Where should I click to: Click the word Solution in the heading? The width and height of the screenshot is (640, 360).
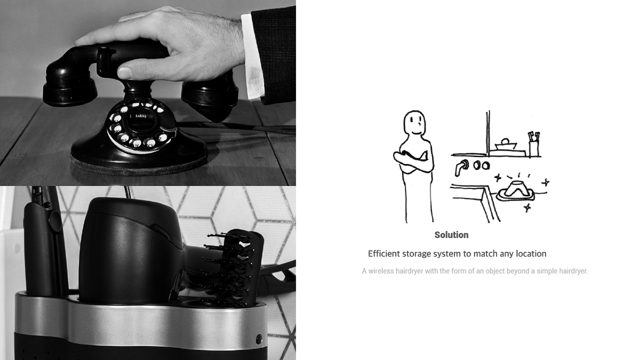pos(451,235)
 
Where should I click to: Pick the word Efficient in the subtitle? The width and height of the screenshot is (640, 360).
pos(385,254)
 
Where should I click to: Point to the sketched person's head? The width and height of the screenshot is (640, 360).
pos(414,124)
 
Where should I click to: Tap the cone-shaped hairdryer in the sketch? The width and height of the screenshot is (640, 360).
pos(515,189)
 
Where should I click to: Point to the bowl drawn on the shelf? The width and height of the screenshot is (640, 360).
pos(505,144)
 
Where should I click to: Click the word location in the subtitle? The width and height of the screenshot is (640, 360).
pos(529,254)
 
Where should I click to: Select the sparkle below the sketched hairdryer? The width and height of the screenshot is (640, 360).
pos(527,208)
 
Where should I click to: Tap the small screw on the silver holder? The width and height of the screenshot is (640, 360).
pos(259,339)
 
